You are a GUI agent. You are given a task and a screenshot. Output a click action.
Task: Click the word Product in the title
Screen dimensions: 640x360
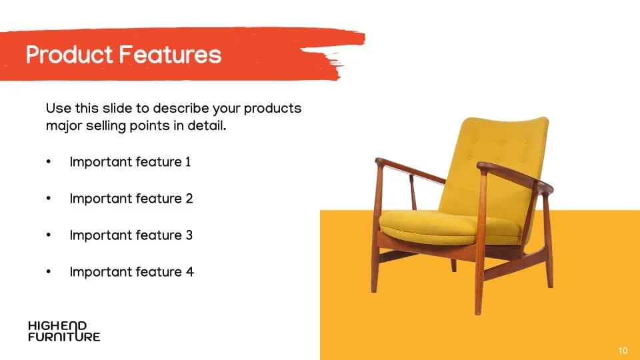tap(69, 55)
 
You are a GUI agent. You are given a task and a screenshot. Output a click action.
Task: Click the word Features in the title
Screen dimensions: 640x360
tap(171, 55)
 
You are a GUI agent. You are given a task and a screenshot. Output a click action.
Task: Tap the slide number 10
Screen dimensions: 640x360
tap(623, 351)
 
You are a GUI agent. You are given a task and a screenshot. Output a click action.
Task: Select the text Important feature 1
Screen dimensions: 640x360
tap(130, 162)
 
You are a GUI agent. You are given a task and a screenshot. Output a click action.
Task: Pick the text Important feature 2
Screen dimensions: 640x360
tap(131, 199)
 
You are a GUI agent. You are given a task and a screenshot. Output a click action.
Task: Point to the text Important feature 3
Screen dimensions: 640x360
tap(131, 235)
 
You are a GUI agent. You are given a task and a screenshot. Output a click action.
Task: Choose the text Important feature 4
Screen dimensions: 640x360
tap(131, 272)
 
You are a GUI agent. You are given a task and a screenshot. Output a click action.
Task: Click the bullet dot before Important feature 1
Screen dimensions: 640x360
tap(49, 162)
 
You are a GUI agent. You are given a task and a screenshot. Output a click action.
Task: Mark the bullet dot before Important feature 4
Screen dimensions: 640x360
tap(49, 271)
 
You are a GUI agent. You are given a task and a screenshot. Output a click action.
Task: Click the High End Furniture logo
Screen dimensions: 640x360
tap(64, 331)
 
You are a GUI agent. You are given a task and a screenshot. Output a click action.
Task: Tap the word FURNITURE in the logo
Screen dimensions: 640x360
tap(64, 337)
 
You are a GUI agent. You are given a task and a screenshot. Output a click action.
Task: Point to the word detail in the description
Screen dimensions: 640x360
tap(207, 125)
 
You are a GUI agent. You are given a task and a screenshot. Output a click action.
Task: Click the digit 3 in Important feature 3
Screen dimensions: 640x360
tap(189, 235)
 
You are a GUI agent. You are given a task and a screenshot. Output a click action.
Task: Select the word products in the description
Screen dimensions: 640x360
tap(273, 109)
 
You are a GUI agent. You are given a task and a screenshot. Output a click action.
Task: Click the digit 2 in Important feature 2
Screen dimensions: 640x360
tap(189, 199)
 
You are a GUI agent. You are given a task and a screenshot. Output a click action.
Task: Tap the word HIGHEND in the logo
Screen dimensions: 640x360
tap(57, 326)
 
